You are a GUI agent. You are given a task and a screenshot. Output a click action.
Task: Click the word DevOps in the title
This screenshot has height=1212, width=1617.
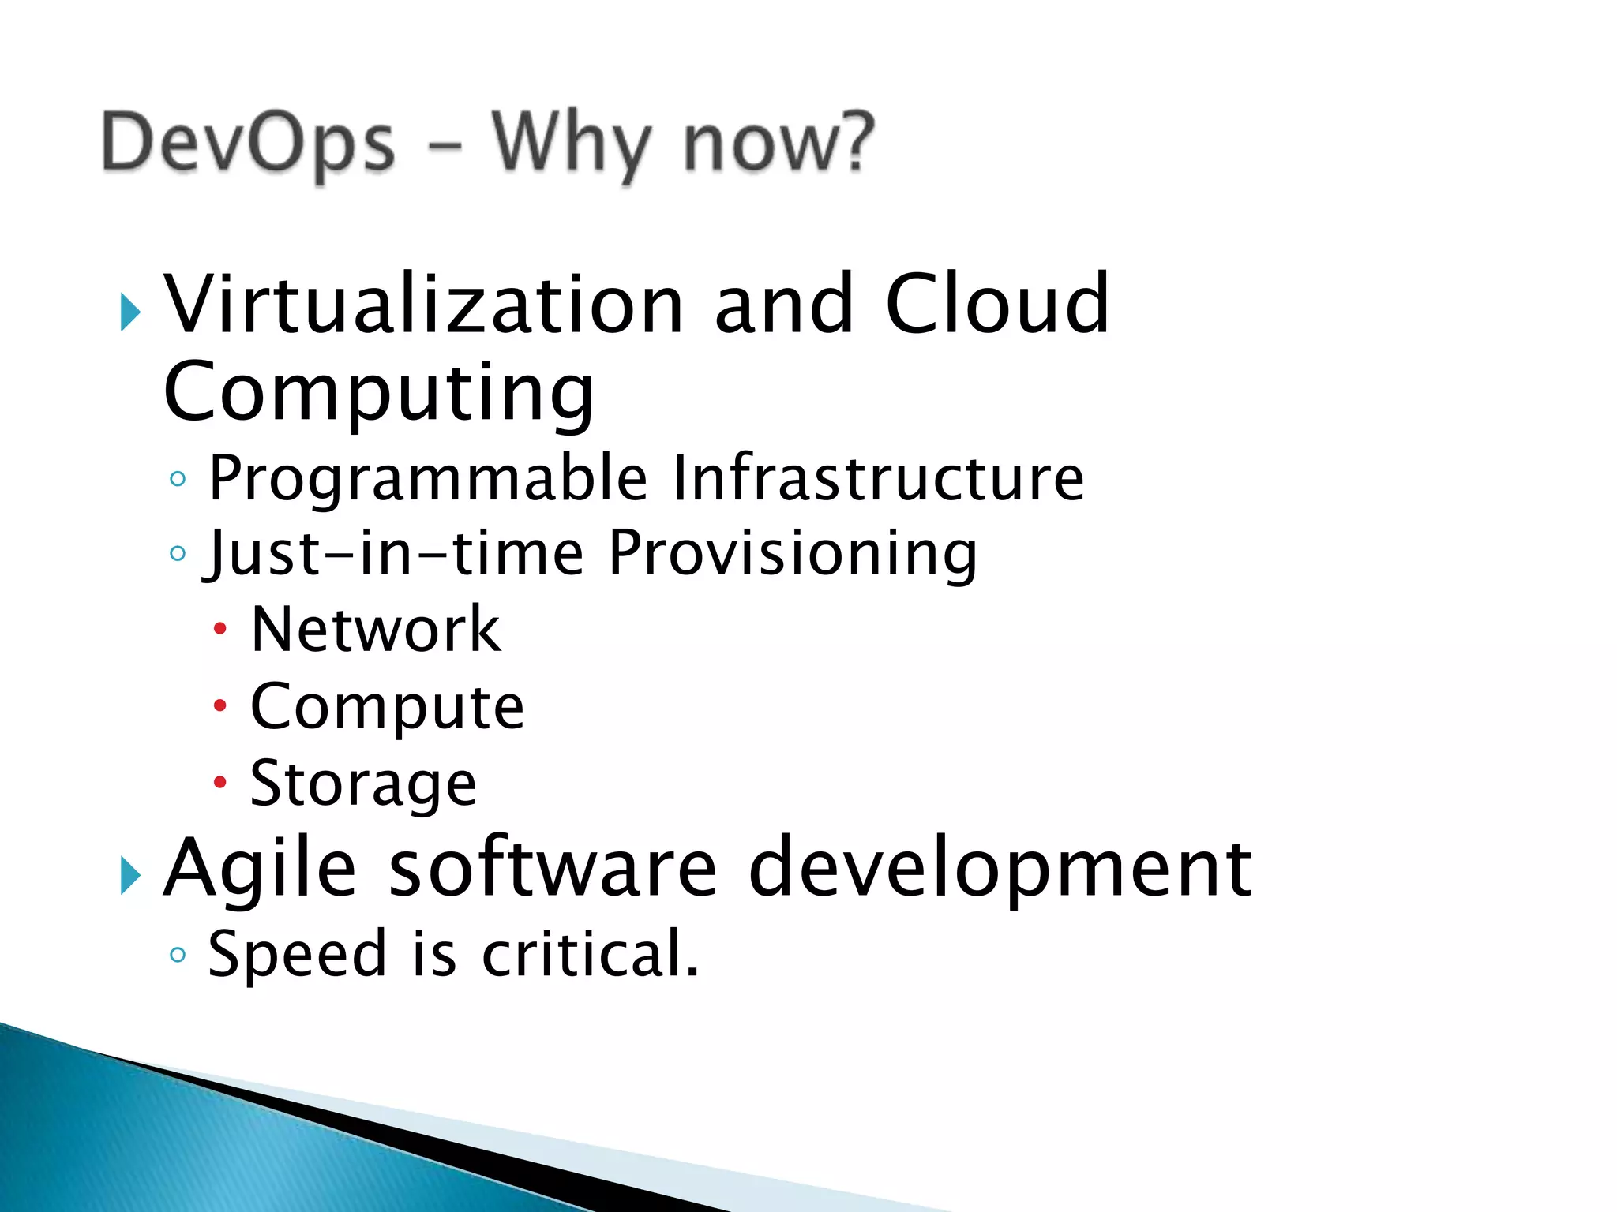(248, 144)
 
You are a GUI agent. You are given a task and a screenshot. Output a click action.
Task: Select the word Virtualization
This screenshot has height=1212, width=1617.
(422, 305)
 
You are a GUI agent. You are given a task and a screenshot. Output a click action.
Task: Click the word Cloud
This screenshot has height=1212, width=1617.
(997, 305)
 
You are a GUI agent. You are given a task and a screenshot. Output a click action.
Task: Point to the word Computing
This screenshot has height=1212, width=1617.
(378, 392)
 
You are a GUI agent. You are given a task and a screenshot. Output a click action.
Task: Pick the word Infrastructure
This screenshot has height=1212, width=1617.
(878, 478)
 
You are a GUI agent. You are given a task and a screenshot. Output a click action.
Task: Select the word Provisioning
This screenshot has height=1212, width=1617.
(793, 553)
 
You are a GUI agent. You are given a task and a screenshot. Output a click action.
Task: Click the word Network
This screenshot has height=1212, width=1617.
(375, 630)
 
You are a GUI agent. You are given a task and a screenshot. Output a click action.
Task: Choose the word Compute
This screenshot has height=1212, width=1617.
(387, 706)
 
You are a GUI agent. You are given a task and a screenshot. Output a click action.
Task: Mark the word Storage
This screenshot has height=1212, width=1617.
(363, 784)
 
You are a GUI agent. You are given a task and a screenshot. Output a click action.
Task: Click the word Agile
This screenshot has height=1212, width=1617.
(260, 869)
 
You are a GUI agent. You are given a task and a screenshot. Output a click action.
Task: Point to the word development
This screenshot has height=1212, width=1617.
(1000, 869)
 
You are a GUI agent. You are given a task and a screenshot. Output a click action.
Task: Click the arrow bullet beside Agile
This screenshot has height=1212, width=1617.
(130, 876)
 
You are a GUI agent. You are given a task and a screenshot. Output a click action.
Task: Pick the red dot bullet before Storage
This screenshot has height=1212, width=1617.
(219, 783)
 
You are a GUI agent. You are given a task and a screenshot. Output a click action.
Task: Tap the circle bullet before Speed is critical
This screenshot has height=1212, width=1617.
(178, 955)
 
